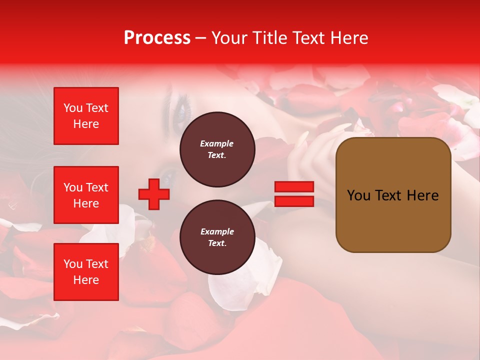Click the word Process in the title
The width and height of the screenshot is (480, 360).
[x=157, y=38]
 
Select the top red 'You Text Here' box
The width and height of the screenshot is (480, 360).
[x=86, y=116]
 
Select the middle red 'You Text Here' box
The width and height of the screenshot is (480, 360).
[x=86, y=195]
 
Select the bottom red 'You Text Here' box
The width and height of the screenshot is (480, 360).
[x=86, y=271]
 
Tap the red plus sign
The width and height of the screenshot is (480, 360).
[x=154, y=194]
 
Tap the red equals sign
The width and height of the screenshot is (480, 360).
[x=294, y=194]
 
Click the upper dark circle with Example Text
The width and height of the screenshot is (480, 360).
[x=217, y=149]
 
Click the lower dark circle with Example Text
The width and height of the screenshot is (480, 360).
[x=217, y=237]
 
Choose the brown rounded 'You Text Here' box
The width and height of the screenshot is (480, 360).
[x=393, y=195]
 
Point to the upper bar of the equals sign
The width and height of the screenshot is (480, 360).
[x=294, y=187]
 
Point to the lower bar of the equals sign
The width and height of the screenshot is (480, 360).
[x=294, y=201]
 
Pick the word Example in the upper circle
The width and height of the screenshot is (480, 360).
[x=217, y=143]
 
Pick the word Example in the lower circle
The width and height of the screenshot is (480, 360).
[x=217, y=231]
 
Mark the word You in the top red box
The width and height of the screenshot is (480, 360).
[x=72, y=108]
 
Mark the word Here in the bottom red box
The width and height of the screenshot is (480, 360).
[x=86, y=280]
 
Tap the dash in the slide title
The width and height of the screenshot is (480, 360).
[x=201, y=38]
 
